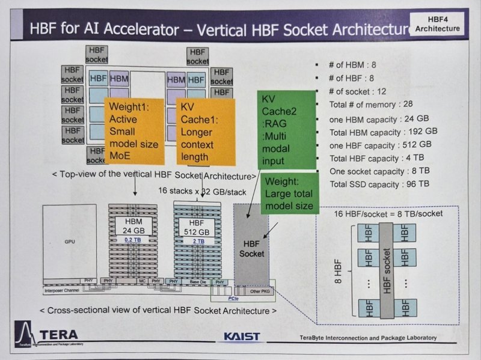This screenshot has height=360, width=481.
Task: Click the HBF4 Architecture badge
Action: point(437,23)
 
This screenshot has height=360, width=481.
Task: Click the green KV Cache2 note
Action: point(286,129)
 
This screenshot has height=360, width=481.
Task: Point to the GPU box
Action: point(70,240)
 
